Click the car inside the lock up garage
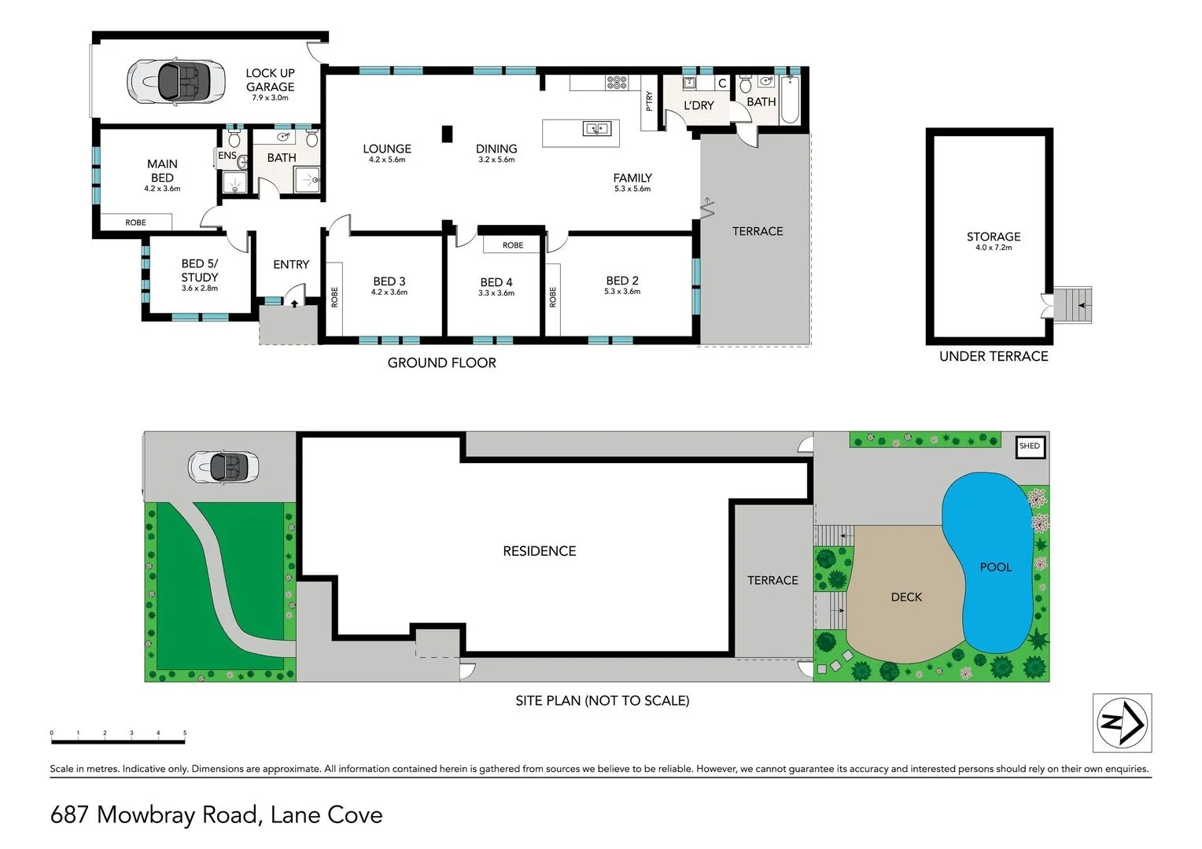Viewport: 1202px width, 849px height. [x=171, y=80]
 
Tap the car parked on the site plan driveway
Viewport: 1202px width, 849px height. [x=224, y=467]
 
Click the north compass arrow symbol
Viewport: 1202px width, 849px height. [x=1122, y=722]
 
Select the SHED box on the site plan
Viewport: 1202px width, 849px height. [x=1029, y=446]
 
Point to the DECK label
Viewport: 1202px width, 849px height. [x=906, y=597]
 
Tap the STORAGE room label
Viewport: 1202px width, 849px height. [x=994, y=237]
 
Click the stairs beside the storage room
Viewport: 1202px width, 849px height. [x=1073, y=305]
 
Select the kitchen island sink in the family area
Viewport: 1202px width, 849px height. [x=595, y=128]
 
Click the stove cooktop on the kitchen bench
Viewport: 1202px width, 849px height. [x=617, y=82]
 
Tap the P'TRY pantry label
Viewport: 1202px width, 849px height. [x=649, y=101]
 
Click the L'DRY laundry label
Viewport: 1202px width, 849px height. [x=699, y=105]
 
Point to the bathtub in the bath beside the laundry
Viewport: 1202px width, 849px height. [x=790, y=101]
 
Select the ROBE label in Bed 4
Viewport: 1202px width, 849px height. [x=513, y=245]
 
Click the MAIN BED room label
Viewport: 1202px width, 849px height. [x=162, y=171]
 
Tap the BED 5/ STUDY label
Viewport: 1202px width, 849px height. [x=200, y=270]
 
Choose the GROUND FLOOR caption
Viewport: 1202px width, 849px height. [x=441, y=363]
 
